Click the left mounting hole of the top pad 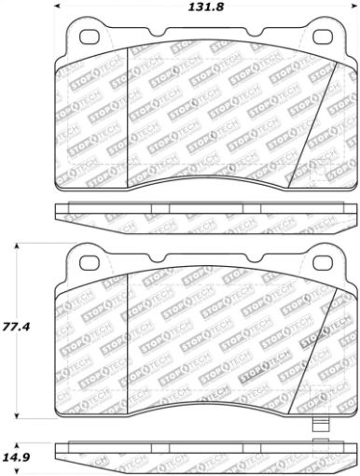(x=90, y=37)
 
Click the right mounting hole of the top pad (x=323, y=37)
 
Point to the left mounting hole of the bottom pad (x=90, y=264)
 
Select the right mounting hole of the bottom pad (x=323, y=264)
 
